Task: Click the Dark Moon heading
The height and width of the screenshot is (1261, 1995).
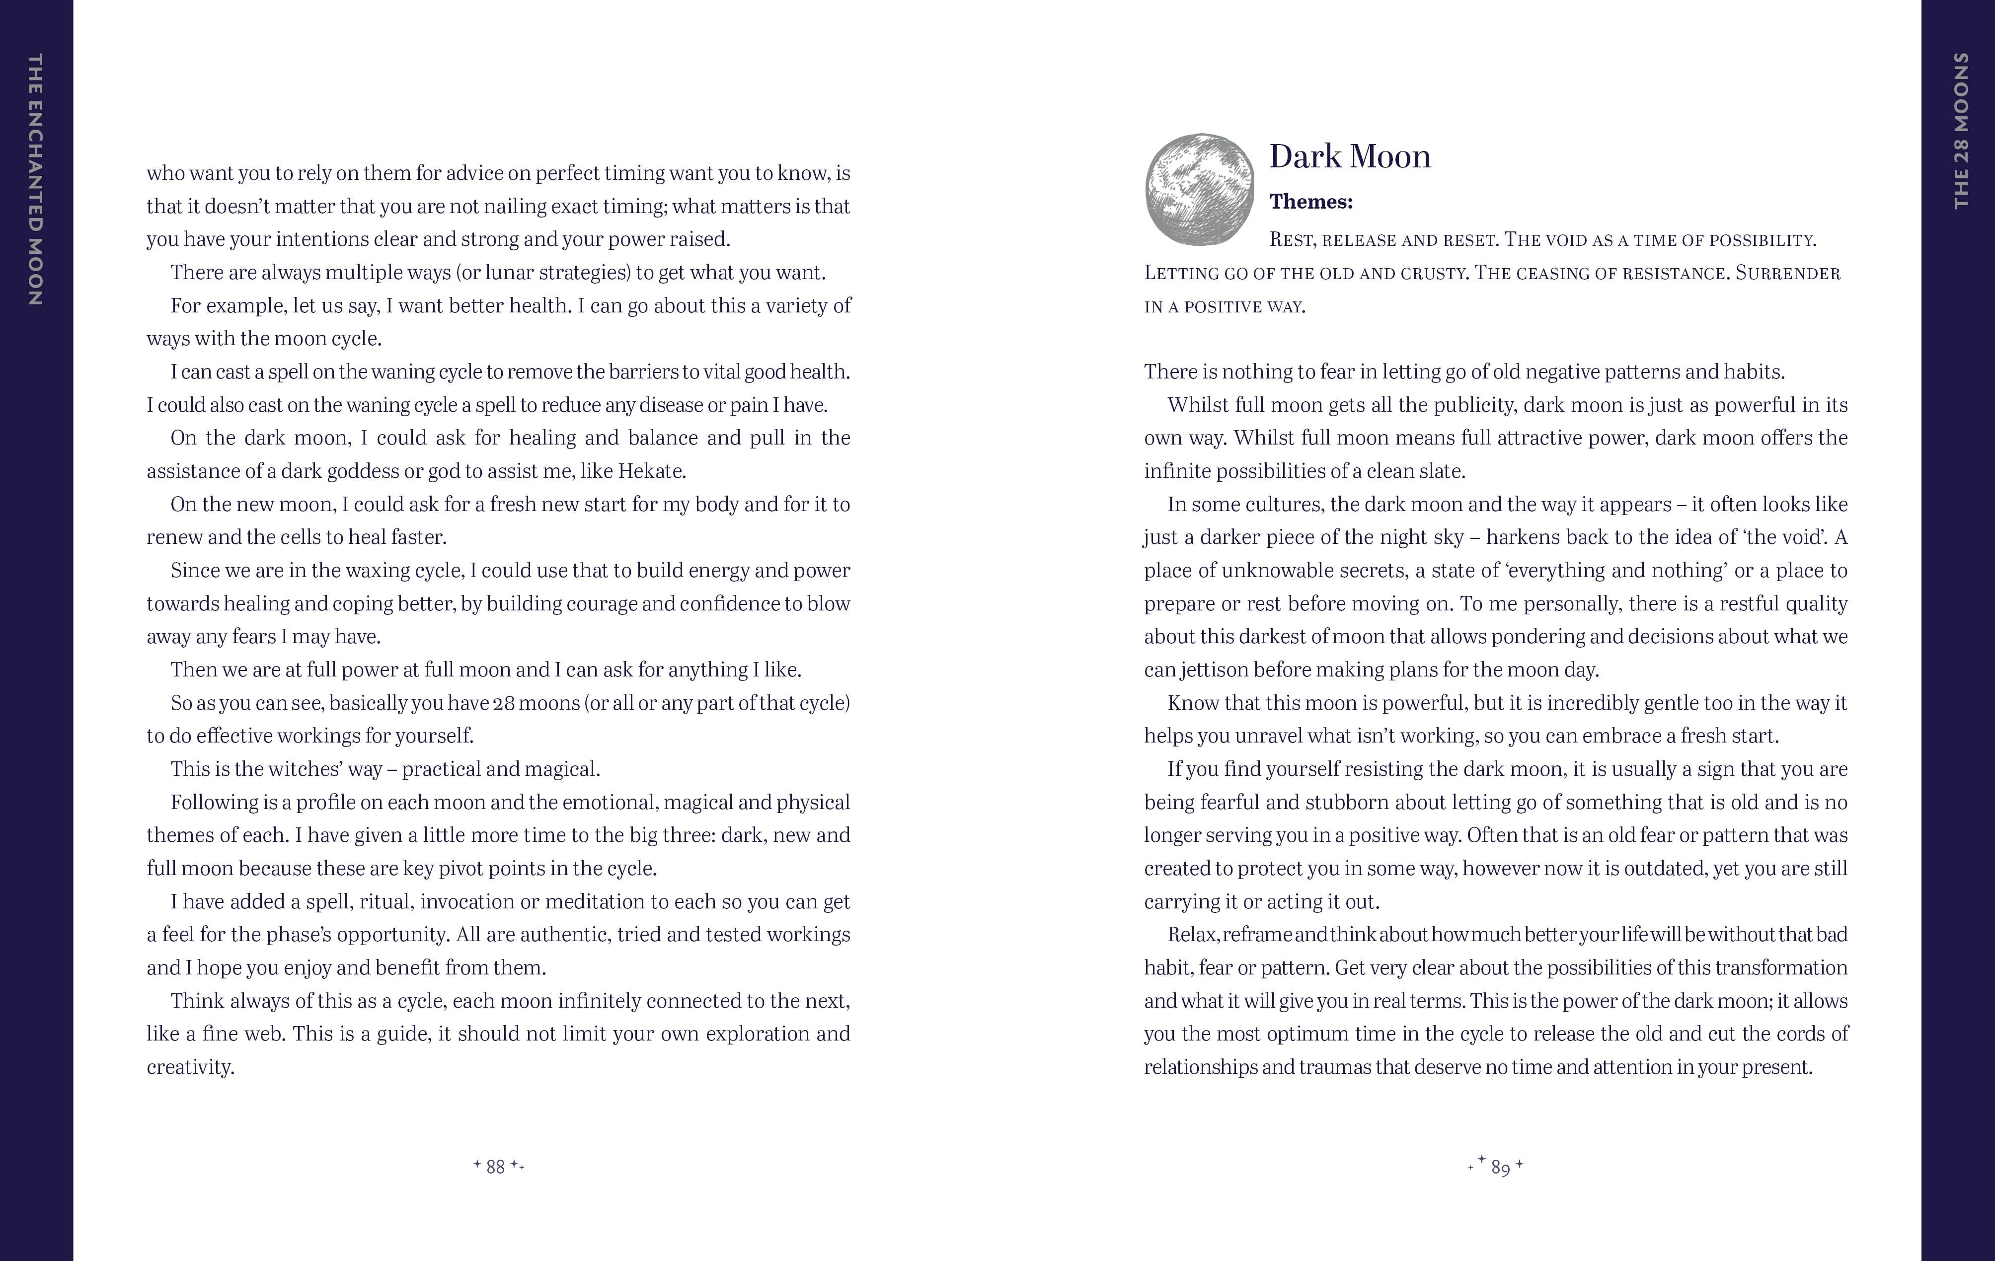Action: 1350,156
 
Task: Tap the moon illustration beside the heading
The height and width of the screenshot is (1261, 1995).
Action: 1200,190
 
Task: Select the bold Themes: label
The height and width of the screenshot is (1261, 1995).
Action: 1310,201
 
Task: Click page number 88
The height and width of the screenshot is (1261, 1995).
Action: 495,1167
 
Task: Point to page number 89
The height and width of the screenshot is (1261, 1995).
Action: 1500,1167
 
